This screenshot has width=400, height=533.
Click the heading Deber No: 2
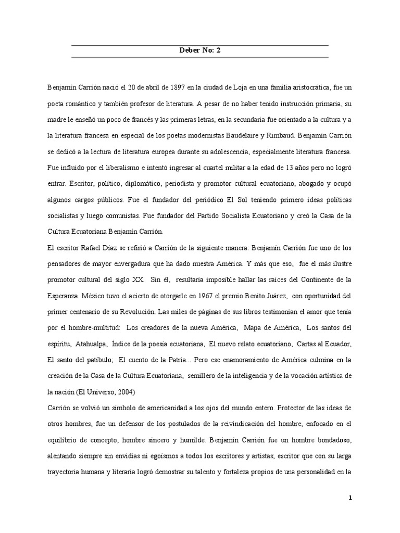click(199, 51)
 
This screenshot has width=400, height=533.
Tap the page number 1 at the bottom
click(351, 498)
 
